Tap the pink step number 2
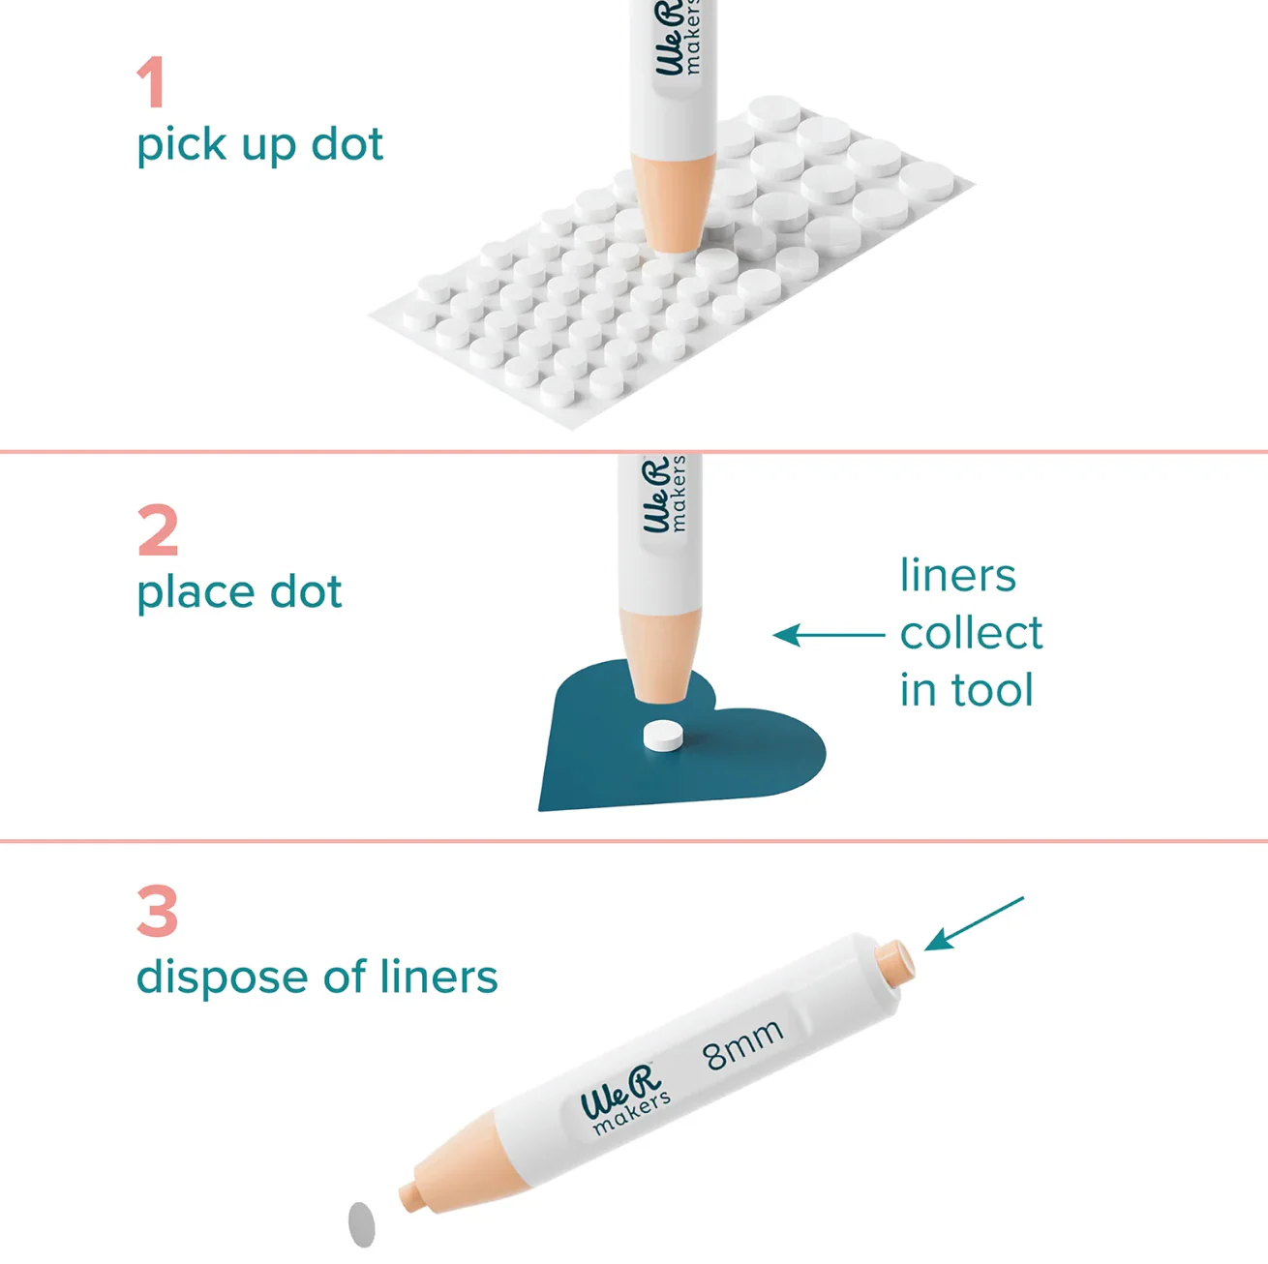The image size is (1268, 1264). pos(158,530)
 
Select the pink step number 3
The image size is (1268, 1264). pos(158,911)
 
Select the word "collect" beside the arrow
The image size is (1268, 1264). pos(971,633)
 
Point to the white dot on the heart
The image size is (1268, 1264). pos(663,736)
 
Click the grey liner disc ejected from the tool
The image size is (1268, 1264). pos(361,1224)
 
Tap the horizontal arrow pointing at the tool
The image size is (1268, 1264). pos(829,635)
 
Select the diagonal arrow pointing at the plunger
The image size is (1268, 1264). pos(974,924)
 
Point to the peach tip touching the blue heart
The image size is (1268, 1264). pos(658,657)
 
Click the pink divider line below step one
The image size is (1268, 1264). pos(634,452)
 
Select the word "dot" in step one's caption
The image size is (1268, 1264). pos(347,144)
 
